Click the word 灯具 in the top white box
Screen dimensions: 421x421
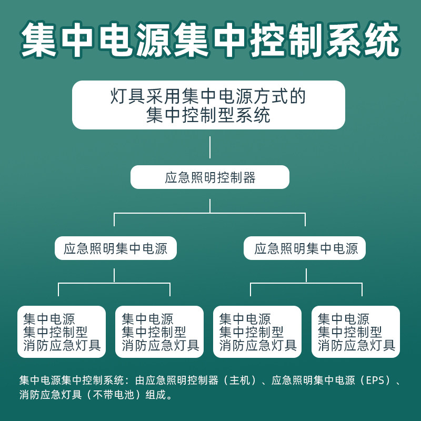tap(127, 96)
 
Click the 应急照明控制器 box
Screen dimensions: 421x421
tap(210, 177)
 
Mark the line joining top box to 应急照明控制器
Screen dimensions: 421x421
tap(210, 147)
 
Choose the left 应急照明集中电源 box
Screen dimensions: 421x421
tap(115, 248)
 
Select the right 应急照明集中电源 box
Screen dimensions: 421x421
tap(305, 248)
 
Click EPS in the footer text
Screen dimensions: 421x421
tap(372, 380)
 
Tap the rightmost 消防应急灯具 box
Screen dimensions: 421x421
tap(356, 332)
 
